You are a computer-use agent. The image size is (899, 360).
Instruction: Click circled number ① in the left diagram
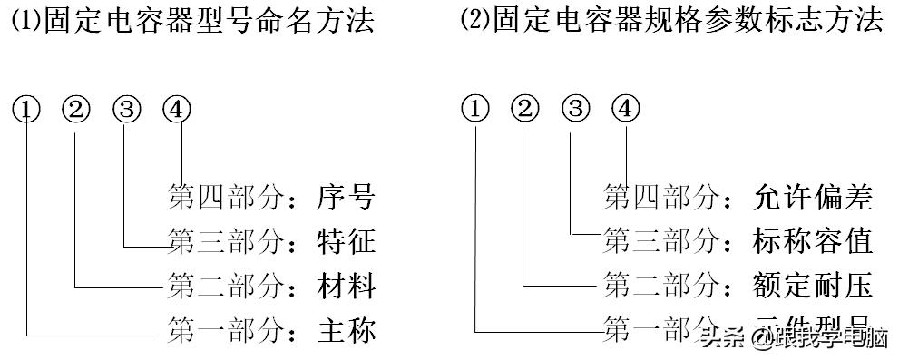coord(27,110)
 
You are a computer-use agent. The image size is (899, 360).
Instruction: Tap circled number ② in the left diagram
coord(77,110)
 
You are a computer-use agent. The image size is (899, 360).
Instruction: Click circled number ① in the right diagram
coord(475,110)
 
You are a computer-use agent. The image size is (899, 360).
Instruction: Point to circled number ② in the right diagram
coord(525,110)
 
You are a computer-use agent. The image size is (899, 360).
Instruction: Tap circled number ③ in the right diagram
coord(575,110)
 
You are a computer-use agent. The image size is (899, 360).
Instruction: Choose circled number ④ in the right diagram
coord(625,110)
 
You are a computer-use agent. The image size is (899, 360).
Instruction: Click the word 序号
coord(346,198)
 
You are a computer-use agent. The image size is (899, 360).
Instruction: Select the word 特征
coord(346,242)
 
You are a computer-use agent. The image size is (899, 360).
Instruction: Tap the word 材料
coord(346,287)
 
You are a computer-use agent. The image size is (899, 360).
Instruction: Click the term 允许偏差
coord(812,198)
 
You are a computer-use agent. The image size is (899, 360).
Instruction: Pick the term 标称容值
coord(812,242)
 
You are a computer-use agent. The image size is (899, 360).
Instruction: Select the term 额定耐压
coord(812,287)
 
